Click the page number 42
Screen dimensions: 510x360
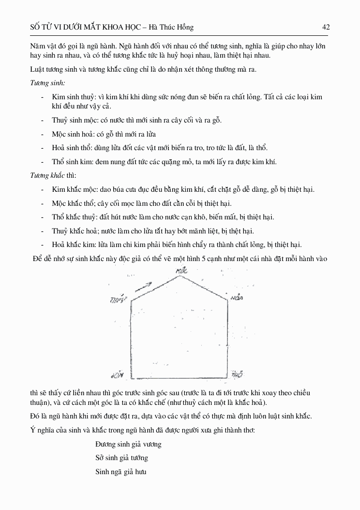pos(326,28)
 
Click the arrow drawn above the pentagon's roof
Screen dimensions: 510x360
pos(144,286)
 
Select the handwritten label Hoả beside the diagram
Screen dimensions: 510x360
pos(237,297)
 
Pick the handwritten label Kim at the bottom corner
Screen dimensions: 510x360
pos(118,375)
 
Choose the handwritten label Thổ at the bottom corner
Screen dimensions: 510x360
pos(237,374)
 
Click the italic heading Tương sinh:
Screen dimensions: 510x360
pos(48,83)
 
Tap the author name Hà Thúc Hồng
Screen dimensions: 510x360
pos(173,28)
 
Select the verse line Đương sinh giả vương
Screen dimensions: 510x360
pos(128,444)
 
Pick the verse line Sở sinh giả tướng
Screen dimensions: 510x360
pos(121,458)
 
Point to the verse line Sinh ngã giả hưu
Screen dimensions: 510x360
pos(121,471)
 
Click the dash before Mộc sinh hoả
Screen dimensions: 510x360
pos(44,134)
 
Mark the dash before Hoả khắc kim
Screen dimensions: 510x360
pos(44,245)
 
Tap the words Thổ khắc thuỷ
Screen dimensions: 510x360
pos(69,217)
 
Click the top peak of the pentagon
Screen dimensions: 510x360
pos(180,276)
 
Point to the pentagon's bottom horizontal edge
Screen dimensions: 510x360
pos(179,377)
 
